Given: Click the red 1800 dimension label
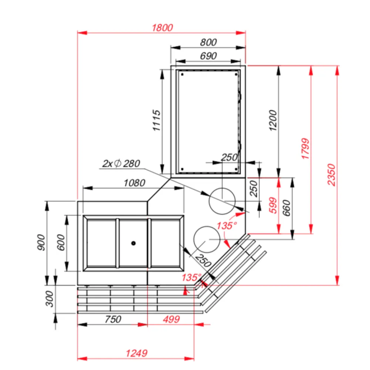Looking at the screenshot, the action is (162, 28).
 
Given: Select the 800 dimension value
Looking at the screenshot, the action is (208, 42).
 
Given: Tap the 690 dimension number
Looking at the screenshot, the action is (208, 56).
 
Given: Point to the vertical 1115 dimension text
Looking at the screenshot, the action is (157, 120).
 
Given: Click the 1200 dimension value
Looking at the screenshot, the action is (273, 120).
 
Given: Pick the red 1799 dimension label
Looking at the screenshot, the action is (305, 149).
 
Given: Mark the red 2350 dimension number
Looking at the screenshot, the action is (331, 175).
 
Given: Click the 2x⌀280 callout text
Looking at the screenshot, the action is (121, 163).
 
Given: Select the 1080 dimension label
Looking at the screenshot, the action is (135, 183).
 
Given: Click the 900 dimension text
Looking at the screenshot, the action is (41, 242).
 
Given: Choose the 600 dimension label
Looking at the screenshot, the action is (61, 242).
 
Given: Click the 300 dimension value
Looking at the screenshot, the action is (49, 299).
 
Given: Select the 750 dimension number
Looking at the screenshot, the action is (113, 319).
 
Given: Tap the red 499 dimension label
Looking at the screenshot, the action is (172, 319).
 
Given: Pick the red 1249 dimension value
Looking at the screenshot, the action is (137, 353).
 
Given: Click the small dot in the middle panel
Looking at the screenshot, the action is (133, 243).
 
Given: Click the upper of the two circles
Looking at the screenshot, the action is (222, 201).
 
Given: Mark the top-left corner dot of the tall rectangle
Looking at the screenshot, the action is (182, 74).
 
